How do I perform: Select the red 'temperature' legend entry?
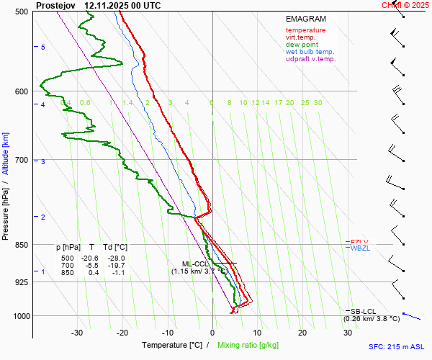pyautogui.click(x=305, y=30)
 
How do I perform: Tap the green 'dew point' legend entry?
pyautogui.click(x=302, y=45)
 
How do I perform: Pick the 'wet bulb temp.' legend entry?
pyautogui.click(x=310, y=52)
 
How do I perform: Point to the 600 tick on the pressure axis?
pyautogui.click(x=21, y=91)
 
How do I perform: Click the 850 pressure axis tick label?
pyautogui.click(x=21, y=245)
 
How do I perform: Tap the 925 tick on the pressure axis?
pyautogui.click(x=21, y=282)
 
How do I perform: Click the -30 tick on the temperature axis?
pyautogui.click(x=77, y=333)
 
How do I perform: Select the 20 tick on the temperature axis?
pyautogui.click(x=302, y=333)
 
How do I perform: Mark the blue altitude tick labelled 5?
pyautogui.click(x=42, y=47)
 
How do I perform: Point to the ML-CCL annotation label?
pyautogui.click(x=196, y=264)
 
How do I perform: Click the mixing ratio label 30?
pyautogui.click(x=318, y=103)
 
